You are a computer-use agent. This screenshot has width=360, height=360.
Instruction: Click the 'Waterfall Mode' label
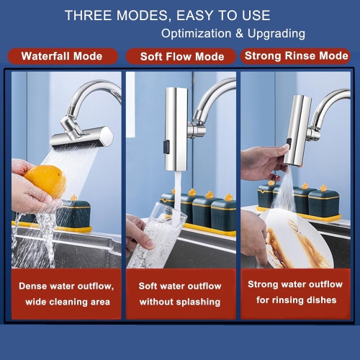pyautogui.click(x=61, y=56)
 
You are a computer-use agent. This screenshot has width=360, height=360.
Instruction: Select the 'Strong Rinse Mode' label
pyautogui.click(x=295, y=55)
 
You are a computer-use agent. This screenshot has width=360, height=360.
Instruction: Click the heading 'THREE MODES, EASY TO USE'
pyautogui.click(x=167, y=15)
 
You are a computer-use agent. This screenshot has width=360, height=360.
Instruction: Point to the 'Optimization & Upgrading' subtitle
pyautogui.click(x=233, y=33)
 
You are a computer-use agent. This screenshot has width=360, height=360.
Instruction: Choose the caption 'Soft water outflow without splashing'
pyautogui.click(x=180, y=294)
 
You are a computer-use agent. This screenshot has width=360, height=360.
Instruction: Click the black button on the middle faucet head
pyautogui.click(x=166, y=148)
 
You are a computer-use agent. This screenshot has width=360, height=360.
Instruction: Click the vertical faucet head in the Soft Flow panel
pyautogui.click(x=176, y=122)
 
